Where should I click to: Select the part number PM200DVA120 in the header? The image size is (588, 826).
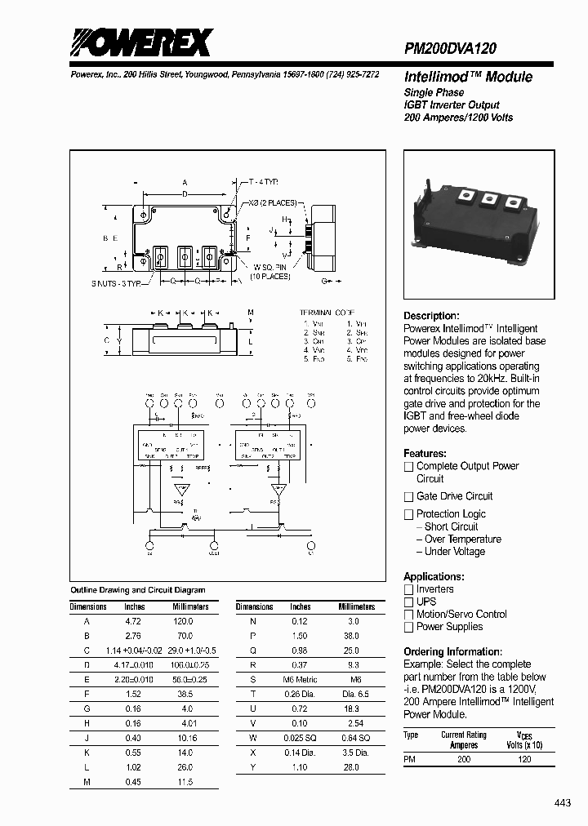tap(450, 49)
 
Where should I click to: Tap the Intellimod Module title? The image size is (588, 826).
tap(468, 77)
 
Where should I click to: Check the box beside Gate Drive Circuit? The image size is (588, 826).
tap(409, 496)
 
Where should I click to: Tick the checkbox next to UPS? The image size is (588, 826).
tap(409, 602)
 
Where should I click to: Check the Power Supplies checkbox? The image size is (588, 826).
tap(409, 628)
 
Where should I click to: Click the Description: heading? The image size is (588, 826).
tap(431, 316)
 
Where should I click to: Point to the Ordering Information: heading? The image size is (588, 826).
tap(452, 651)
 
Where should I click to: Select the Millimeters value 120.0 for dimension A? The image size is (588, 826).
tap(185, 621)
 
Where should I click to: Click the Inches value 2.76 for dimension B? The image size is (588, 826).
tap(132, 634)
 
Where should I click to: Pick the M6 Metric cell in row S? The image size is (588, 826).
tap(301, 679)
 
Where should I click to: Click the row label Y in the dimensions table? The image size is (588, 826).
tap(253, 768)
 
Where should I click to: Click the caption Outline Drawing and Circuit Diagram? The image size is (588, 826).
tap(138, 589)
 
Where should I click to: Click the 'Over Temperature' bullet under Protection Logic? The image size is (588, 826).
tap(462, 540)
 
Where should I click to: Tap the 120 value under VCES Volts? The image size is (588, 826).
tap(524, 759)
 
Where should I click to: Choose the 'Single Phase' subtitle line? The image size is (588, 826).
tap(434, 93)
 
